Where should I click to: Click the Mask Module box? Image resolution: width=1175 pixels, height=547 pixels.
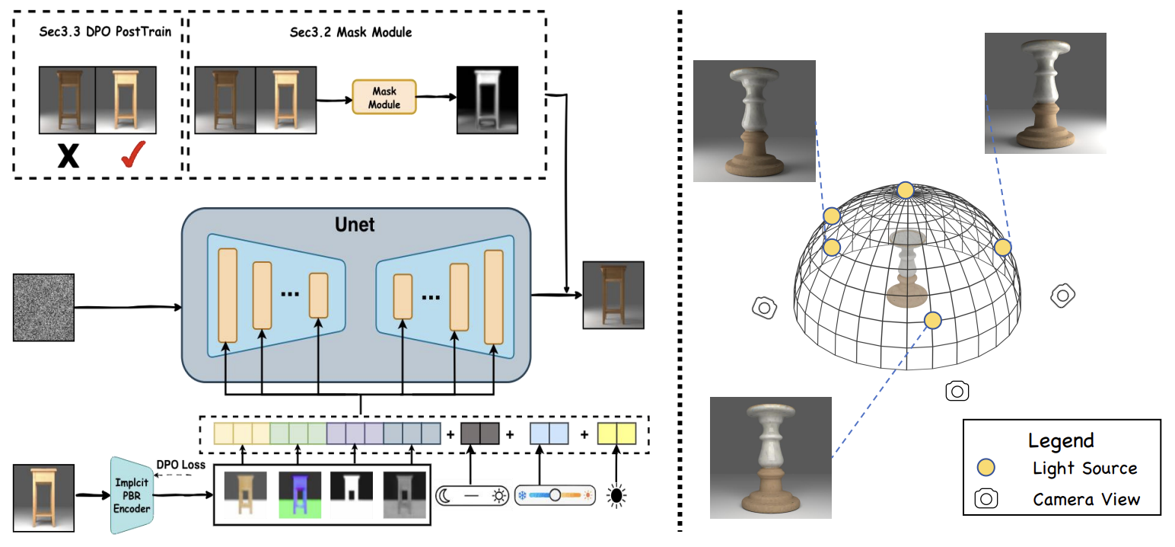(384, 97)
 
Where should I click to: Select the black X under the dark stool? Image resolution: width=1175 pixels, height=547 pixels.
(68, 156)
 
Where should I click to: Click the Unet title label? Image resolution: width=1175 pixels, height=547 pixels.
(355, 226)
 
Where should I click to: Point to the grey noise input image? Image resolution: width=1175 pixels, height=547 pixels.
(43, 307)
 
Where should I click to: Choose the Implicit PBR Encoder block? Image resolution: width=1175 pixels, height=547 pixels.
(132, 497)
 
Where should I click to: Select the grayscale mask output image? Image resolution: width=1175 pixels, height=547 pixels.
(486, 101)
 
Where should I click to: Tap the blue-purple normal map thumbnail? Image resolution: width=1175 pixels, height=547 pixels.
(301, 496)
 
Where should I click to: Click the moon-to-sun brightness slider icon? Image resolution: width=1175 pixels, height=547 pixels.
(472, 496)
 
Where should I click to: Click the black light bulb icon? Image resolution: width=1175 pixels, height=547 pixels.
(616, 496)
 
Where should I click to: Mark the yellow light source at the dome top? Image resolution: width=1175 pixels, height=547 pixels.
(905, 190)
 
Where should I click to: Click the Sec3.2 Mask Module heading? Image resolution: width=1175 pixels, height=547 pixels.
(362, 33)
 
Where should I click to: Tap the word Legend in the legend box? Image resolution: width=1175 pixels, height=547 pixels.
(1061, 440)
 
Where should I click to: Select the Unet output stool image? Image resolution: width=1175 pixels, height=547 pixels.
(613, 295)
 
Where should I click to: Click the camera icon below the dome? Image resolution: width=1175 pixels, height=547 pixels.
(957, 391)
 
